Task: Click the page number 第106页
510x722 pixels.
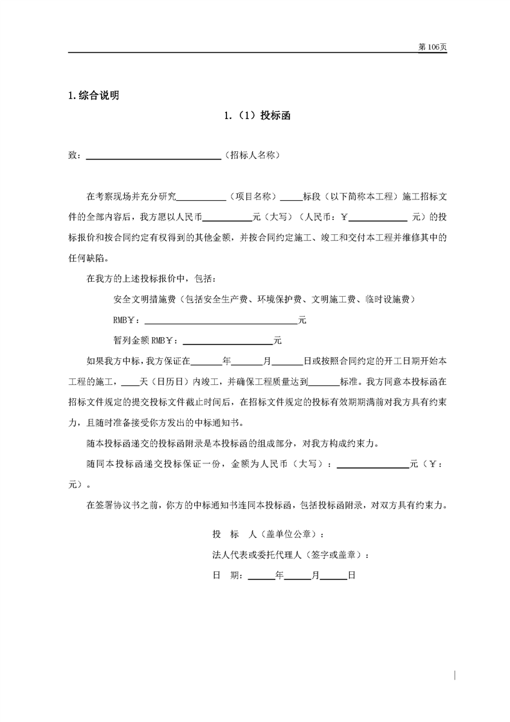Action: (432, 47)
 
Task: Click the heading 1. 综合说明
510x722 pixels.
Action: (93, 96)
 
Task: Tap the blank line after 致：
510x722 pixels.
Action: (153, 156)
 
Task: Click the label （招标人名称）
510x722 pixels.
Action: (252, 156)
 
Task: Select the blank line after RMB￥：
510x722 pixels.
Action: (221, 319)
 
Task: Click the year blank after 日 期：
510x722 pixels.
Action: (261, 576)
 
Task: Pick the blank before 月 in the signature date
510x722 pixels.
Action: (298, 576)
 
